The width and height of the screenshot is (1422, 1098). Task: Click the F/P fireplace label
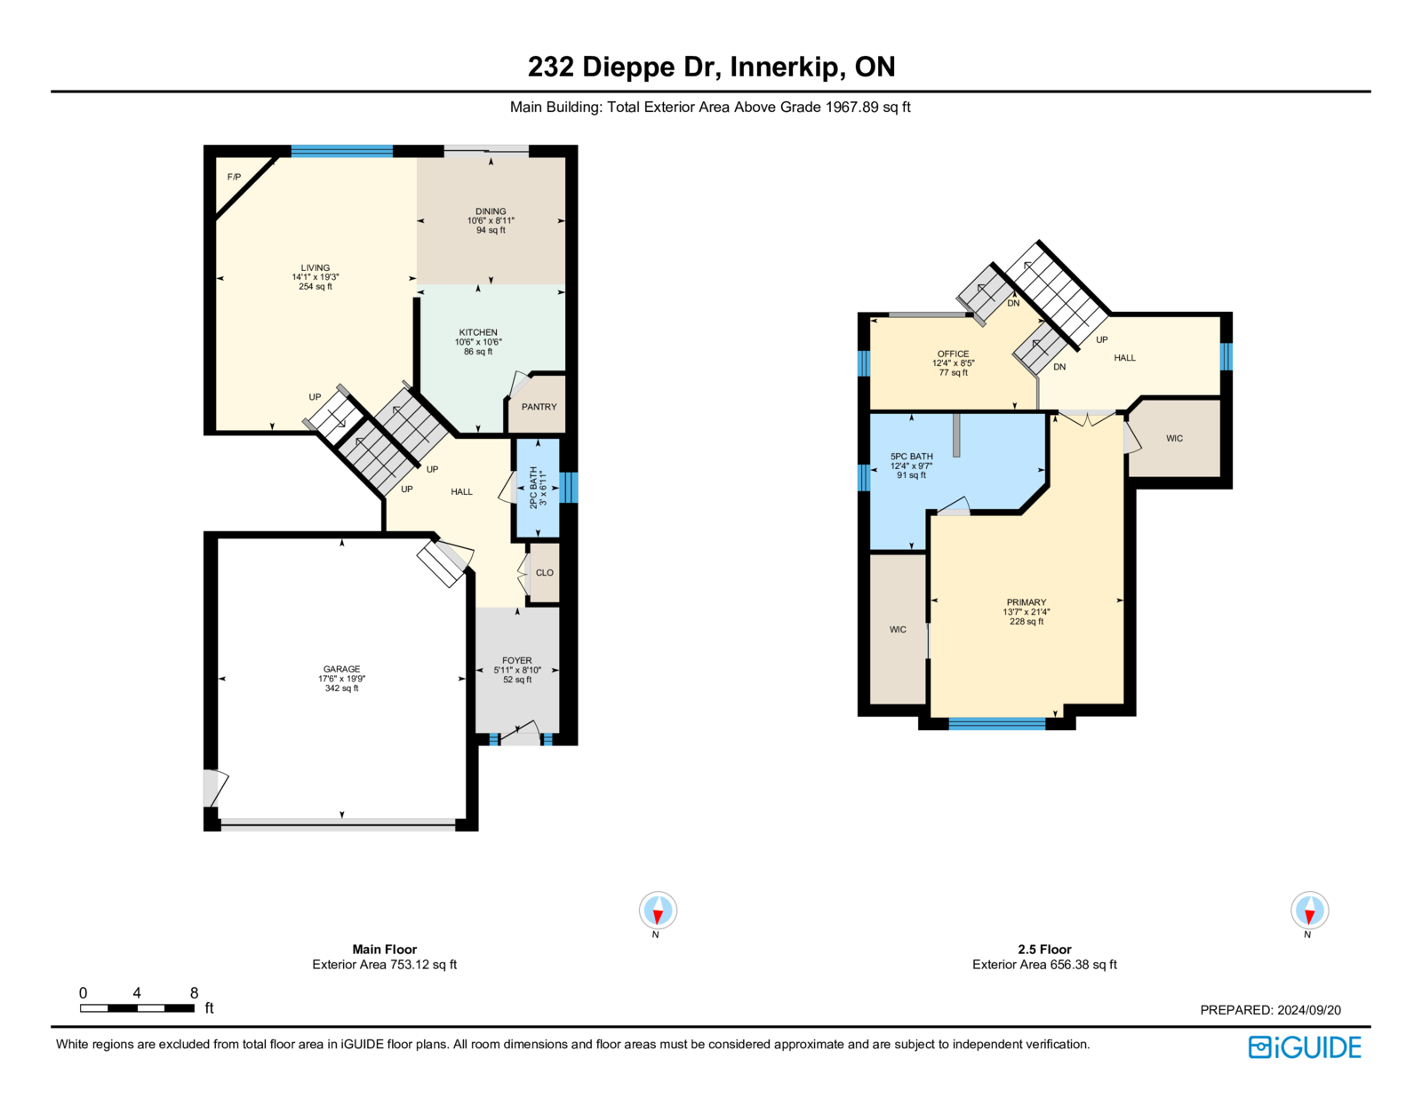(x=234, y=177)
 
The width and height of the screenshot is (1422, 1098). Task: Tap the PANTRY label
(x=539, y=407)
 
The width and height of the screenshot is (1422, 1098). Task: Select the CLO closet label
(x=545, y=572)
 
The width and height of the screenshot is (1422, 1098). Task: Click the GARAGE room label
(x=341, y=669)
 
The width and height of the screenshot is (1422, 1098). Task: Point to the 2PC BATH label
(x=533, y=487)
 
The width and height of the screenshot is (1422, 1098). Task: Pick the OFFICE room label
(x=953, y=354)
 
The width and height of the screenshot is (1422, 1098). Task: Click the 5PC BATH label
(x=912, y=457)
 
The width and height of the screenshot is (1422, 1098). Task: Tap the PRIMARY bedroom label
(x=1027, y=602)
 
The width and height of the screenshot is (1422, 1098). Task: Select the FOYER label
(x=517, y=661)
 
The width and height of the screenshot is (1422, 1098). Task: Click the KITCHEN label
(x=478, y=332)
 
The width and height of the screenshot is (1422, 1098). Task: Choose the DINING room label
(x=491, y=211)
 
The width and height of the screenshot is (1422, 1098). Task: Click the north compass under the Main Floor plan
(x=658, y=911)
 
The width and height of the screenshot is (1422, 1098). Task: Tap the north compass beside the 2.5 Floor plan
(x=1309, y=911)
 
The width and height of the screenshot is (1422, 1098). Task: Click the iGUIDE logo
(x=1304, y=1047)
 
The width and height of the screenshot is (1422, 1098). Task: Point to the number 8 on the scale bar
(x=194, y=992)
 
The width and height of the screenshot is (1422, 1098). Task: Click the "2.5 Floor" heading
(x=1044, y=949)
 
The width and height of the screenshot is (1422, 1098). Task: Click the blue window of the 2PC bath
(x=569, y=488)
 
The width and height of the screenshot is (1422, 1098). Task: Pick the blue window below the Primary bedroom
(x=996, y=724)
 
